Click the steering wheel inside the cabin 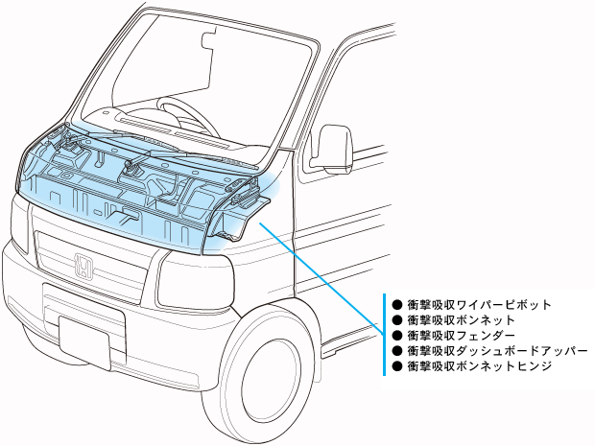click(x=181, y=114)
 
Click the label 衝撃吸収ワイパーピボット click(x=479, y=305)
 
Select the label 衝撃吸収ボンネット click(x=462, y=320)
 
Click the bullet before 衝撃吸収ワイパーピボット click(x=395, y=305)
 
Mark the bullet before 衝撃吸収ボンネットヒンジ click(x=395, y=366)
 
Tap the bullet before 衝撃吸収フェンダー click(x=395, y=336)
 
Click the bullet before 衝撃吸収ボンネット click(x=395, y=320)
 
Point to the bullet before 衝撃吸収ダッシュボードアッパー click(x=395, y=351)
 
